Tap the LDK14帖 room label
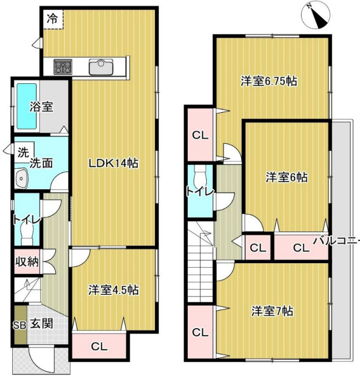(114, 164)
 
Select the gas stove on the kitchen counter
(63, 67)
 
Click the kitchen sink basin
(101, 67)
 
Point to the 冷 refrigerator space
(53, 19)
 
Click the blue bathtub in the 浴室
(27, 106)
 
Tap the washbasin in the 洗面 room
(22, 178)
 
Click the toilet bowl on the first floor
(27, 234)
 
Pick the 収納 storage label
(27, 262)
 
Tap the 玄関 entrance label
(42, 324)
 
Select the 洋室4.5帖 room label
(113, 290)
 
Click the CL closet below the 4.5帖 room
(99, 346)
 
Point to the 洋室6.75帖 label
(269, 81)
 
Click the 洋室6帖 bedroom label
(287, 178)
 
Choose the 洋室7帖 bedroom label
(272, 311)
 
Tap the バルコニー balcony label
(337, 240)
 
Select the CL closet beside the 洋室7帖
(200, 333)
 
